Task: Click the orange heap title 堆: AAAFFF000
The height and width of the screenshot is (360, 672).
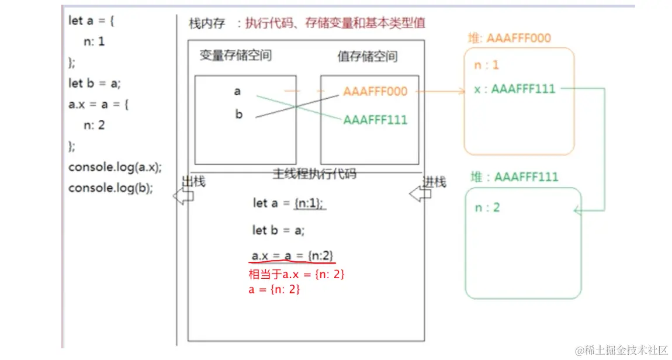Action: (510, 39)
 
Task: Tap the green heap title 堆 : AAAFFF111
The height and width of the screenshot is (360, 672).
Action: (515, 176)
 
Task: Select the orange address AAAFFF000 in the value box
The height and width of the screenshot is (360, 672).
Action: (375, 92)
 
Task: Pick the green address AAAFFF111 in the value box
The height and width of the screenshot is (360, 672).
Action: (375, 120)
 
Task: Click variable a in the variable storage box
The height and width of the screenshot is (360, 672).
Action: (237, 91)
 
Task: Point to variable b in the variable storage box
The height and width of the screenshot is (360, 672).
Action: (238, 115)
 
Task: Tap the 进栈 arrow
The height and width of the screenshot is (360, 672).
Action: (419, 194)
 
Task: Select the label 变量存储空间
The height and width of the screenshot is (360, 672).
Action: (235, 56)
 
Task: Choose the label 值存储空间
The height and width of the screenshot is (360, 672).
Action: (368, 57)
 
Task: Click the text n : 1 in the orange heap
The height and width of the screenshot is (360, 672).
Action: (487, 65)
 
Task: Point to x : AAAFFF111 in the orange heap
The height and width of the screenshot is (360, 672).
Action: (515, 89)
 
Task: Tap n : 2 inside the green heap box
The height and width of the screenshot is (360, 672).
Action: (487, 207)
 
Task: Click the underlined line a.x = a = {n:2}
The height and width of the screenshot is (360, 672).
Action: (292, 256)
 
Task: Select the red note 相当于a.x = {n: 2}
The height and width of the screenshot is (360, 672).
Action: (296, 274)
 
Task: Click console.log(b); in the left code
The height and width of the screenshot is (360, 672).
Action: (110, 188)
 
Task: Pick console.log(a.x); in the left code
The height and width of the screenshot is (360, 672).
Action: (115, 167)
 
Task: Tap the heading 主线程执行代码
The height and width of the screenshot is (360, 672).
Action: (314, 174)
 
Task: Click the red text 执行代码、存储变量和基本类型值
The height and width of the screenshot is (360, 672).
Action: (335, 23)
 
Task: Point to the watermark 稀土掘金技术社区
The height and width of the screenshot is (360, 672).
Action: (621, 350)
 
